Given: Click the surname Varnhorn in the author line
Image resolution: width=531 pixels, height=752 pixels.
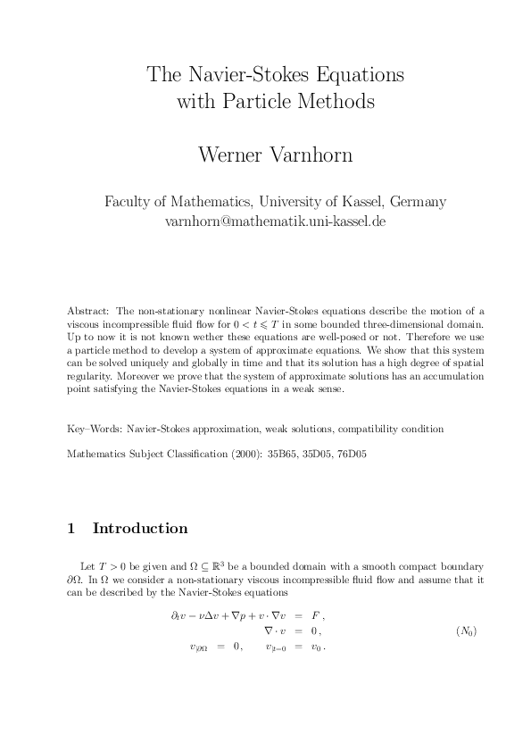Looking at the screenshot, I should point(310,155).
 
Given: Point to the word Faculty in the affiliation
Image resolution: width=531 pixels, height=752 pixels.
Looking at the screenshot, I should point(129,202).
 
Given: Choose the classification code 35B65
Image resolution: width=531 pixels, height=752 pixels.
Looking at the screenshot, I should point(271,455).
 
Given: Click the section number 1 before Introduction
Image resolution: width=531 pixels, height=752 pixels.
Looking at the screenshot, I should point(71,529).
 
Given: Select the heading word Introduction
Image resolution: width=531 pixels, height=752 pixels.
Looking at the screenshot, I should point(140,529).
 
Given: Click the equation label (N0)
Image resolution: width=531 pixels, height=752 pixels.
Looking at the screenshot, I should point(466,631).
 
